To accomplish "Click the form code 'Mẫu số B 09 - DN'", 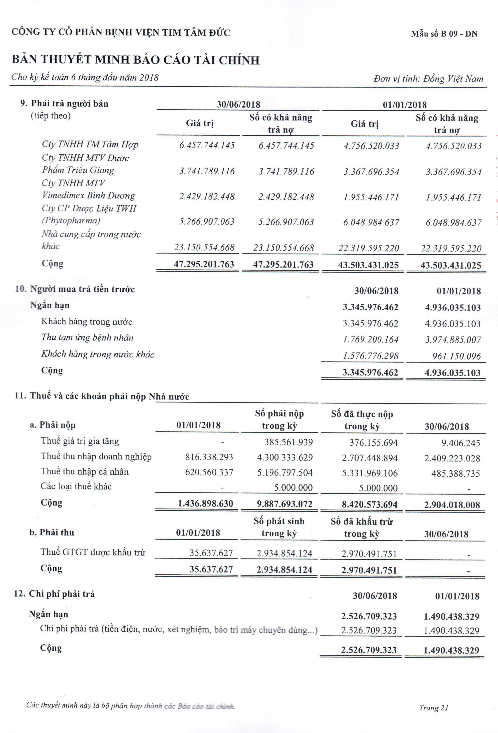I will pos(444,34).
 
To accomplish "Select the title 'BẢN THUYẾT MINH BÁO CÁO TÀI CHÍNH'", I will pos(136,60).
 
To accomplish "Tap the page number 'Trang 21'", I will pos(434,707).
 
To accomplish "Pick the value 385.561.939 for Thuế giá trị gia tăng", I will pos(288,442).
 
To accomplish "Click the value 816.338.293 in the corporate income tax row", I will pos(209,457).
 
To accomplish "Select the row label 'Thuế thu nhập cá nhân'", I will pos(85,472).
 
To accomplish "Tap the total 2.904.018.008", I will pos(452,505).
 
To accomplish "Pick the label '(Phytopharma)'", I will pos(71,220).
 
